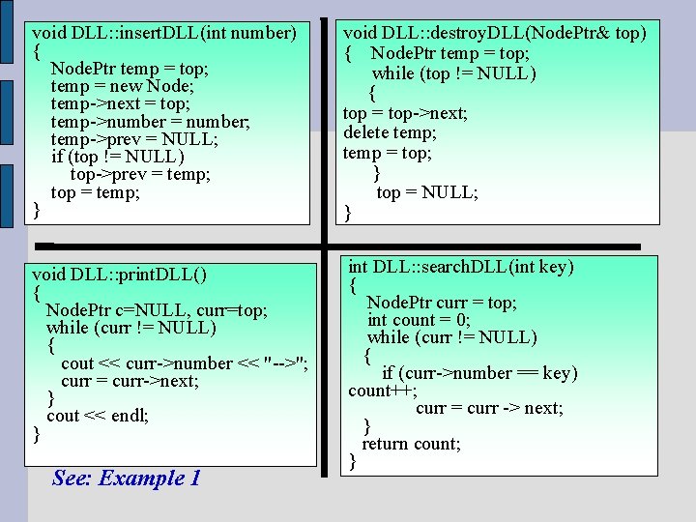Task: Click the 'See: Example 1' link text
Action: [127, 478]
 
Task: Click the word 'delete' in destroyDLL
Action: [362, 132]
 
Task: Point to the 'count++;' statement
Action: [383, 391]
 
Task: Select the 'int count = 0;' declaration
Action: [419, 320]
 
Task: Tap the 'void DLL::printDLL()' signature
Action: [119, 274]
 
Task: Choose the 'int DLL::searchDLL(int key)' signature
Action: [461, 267]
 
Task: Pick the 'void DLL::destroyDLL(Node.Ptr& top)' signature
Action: [495, 33]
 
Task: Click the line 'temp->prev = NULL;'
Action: [133, 139]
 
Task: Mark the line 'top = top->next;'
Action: [405, 113]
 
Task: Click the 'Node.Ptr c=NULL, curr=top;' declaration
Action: [157, 310]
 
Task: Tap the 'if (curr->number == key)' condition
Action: [479, 373]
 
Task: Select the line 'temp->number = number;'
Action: [150, 122]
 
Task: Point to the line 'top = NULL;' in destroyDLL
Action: [426, 193]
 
